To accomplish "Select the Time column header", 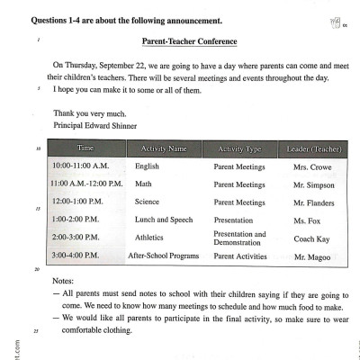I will pos(85,147).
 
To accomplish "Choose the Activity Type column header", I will pos(239,147).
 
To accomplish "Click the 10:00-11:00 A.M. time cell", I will pos(80,166).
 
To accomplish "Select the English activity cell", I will pos(148,167).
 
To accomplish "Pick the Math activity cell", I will pos(143,184).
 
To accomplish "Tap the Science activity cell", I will pos(148,202).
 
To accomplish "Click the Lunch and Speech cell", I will pos(164,220).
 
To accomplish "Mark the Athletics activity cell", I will pos(150,238).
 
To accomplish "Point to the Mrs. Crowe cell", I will pos(311,167).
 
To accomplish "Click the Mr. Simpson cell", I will pos(311,184).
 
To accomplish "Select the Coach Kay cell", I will pos(311,238).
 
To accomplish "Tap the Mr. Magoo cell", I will pos(311,256).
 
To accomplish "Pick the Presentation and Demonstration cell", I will pos(239,238).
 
